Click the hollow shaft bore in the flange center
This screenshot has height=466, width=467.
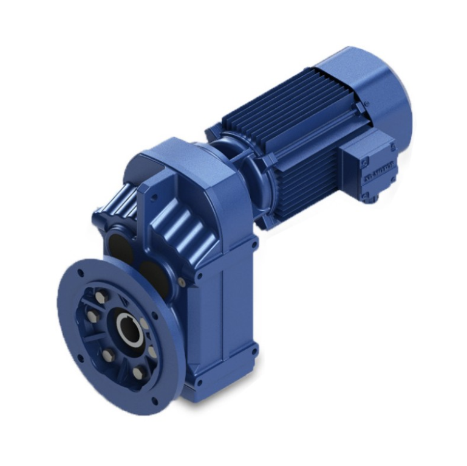click(129, 331)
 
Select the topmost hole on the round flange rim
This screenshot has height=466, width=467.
click(80, 273)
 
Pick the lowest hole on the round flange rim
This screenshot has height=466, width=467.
click(154, 400)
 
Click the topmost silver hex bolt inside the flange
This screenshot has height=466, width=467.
click(101, 296)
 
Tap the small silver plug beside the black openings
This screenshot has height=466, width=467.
click(182, 281)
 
